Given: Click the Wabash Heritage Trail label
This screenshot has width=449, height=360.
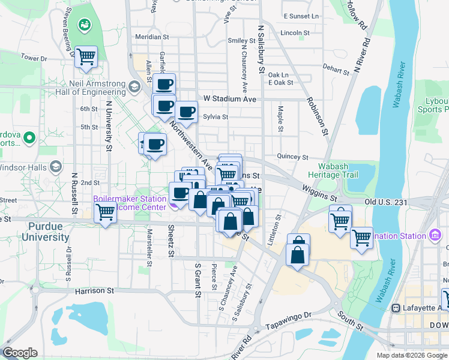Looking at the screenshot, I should point(329,170).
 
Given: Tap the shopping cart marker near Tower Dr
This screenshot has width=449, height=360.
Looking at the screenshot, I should point(86,57).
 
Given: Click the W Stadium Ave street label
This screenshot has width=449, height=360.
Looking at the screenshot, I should point(230,98).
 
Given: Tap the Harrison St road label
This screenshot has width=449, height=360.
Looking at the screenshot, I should point(94,290).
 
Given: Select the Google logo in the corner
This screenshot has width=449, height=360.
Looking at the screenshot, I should point(20,353).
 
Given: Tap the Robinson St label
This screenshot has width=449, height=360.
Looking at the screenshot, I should point(318,114).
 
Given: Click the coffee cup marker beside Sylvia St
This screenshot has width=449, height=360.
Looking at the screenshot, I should point(186,112).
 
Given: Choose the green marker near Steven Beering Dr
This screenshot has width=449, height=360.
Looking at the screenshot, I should point(85,25).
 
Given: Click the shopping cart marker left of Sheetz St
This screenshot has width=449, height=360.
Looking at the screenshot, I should point(106,212).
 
